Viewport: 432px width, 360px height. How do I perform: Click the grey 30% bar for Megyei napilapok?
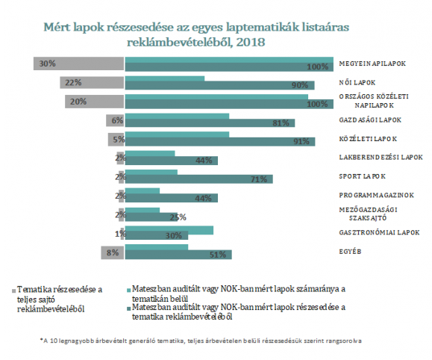tap(79, 63)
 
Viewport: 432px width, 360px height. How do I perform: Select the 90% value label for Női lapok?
tap(300, 85)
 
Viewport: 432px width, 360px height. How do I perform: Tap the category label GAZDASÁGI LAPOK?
tap(370, 120)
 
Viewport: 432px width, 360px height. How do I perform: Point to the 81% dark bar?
tap(210, 123)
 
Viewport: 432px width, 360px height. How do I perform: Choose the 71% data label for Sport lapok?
tap(259, 179)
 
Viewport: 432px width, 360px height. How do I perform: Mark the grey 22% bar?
tap(92, 82)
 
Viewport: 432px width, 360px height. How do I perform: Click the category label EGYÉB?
tap(350, 252)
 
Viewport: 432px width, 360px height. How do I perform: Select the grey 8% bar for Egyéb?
tap(113, 252)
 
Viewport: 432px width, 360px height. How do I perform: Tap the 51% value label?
tap(218, 255)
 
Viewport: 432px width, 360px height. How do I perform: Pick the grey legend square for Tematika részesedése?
tap(13, 291)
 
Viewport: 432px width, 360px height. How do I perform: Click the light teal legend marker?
tap(128, 291)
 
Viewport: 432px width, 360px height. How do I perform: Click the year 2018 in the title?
tap(251, 43)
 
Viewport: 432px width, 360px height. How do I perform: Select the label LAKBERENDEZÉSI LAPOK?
tap(381, 158)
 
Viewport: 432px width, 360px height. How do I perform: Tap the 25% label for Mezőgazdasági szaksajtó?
tap(178, 217)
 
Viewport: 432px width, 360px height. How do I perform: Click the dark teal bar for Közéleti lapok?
tap(220, 142)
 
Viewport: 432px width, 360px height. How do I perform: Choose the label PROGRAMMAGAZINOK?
tap(376, 195)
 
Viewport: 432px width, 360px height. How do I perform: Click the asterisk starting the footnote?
tap(41, 339)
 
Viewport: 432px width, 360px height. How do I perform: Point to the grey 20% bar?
tap(95, 102)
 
